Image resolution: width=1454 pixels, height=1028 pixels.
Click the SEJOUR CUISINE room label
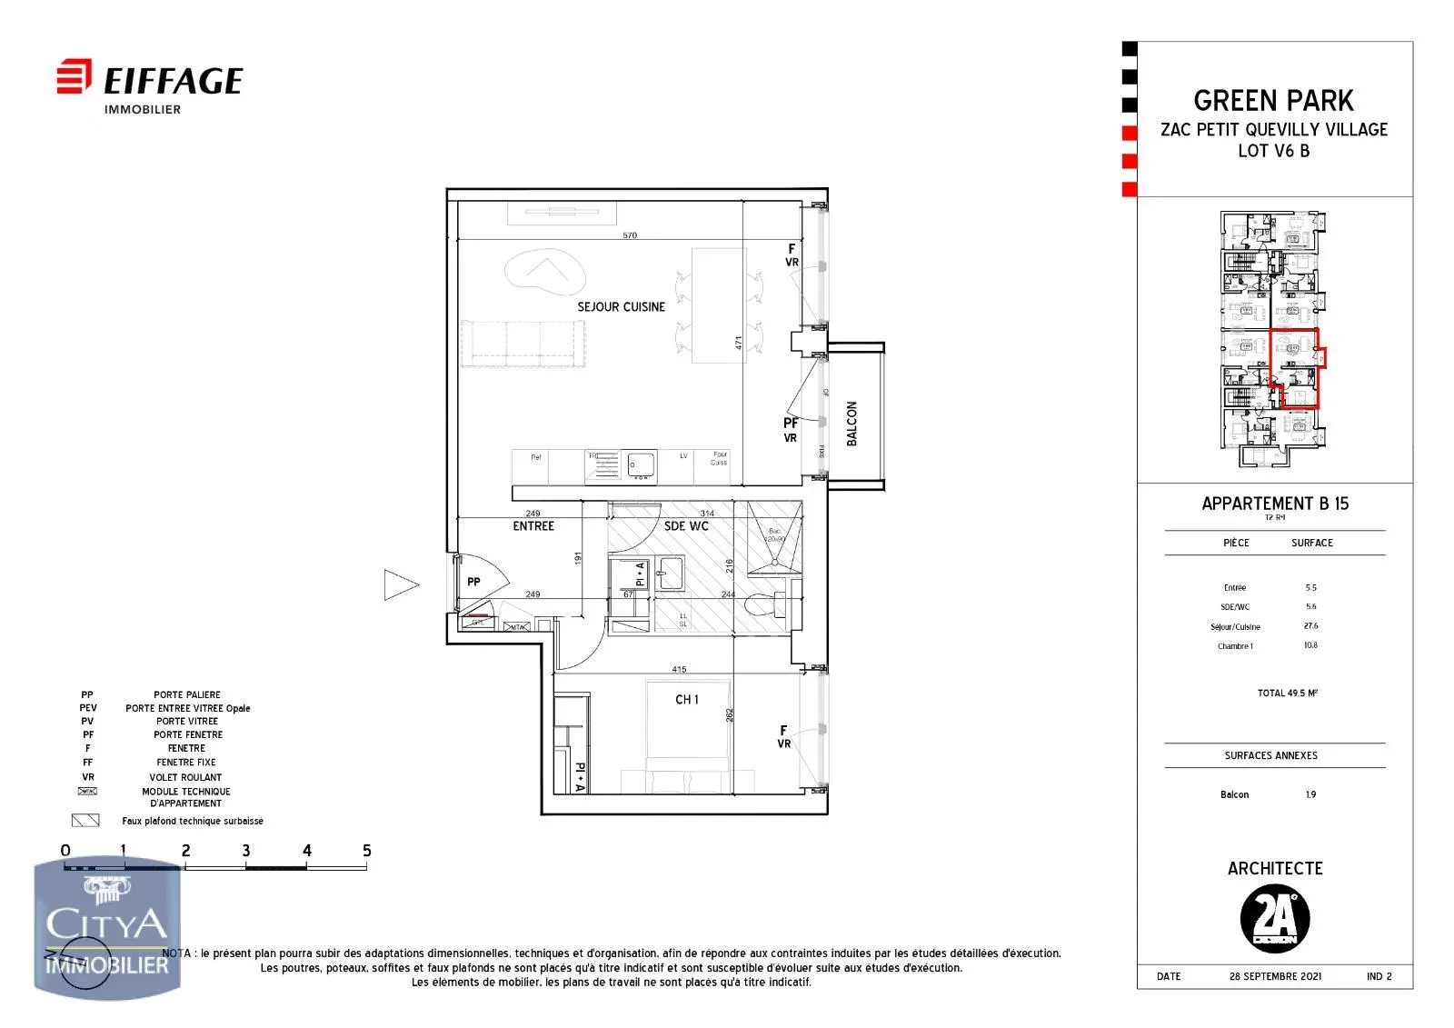click(621, 307)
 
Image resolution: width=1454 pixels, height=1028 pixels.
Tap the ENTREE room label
click(533, 526)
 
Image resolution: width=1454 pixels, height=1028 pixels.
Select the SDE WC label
click(686, 526)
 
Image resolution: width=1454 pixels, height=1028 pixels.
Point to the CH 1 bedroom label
click(687, 700)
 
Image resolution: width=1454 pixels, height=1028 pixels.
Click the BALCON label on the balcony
click(852, 424)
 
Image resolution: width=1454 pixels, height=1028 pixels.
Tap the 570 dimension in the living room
click(630, 235)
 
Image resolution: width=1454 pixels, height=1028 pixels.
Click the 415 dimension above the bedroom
click(679, 670)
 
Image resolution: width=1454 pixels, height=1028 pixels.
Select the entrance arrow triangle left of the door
click(400, 584)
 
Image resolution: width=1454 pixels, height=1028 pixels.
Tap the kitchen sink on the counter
click(642, 464)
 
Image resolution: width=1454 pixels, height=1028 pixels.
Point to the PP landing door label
click(473, 582)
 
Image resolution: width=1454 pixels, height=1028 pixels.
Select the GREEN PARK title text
click(1273, 100)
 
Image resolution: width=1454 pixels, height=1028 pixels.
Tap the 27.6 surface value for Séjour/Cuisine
click(1310, 626)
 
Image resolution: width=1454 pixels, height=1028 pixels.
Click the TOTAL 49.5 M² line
click(1287, 693)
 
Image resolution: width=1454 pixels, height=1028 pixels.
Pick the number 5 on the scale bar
click(366, 851)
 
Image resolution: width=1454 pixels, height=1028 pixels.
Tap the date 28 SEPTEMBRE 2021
click(1275, 976)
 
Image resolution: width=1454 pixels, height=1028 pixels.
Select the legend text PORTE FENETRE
click(187, 734)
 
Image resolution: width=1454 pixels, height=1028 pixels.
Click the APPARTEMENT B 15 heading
click(1274, 504)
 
